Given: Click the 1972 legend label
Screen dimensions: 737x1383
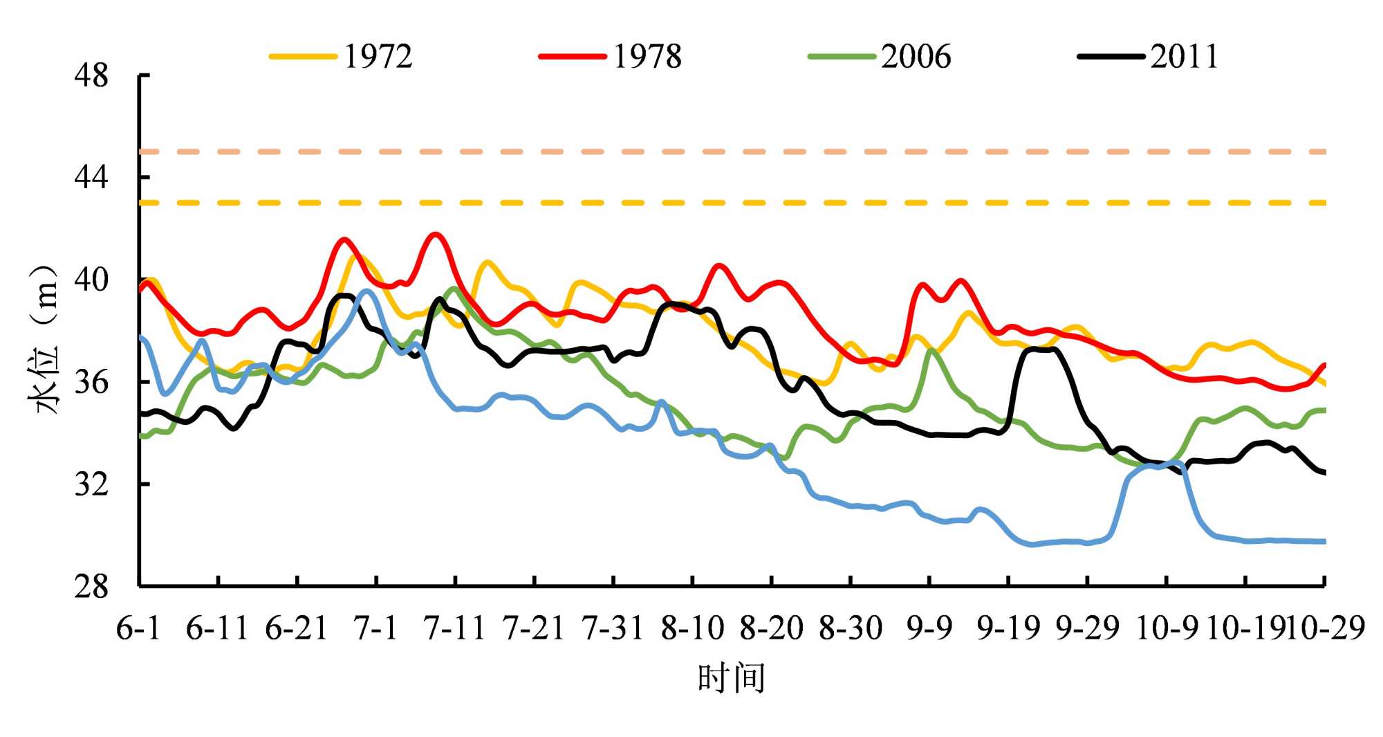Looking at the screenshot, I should pyautogui.click(x=378, y=57).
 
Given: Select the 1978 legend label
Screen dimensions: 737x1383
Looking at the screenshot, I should pyautogui.click(x=647, y=57).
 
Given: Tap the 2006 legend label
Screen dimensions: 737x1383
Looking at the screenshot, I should pyautogui.click(x=916, y=57).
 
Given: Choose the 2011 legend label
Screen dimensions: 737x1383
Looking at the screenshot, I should pyautogui.click(x=1184, y=57).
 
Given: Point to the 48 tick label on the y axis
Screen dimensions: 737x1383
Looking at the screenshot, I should pyautogui.click(x=91, y=75).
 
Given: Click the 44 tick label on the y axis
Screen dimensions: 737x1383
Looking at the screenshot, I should pyautogui.click(x=91, y=178).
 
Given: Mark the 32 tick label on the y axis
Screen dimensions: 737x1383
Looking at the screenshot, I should pyautogui.click(x=91, y=484).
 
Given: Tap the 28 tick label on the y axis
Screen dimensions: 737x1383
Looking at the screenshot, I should pyautogui.click(x=91, y=587).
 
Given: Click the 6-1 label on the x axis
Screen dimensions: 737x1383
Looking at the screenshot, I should pyautogui.click(x=138, y=628).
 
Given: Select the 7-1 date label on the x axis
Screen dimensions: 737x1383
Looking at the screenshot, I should pyautogui.click(x=375, y=628).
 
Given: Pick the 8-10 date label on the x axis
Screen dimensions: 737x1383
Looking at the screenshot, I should pyautogui.click(x=692, y=628).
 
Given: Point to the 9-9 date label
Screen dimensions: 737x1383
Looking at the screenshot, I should pyautogui.click(x=929, y=628).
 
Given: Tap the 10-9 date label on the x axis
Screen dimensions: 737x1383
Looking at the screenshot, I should pyautogui.click(x=1167, y=628).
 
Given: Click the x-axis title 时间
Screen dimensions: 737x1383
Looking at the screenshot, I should pyautogui.click(x=731, y=678).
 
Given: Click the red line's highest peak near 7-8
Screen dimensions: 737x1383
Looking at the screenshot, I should pyautogui.click(x=435, y=235).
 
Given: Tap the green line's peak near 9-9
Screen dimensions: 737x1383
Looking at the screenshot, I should pyautogui.click(x=931, y=350).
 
